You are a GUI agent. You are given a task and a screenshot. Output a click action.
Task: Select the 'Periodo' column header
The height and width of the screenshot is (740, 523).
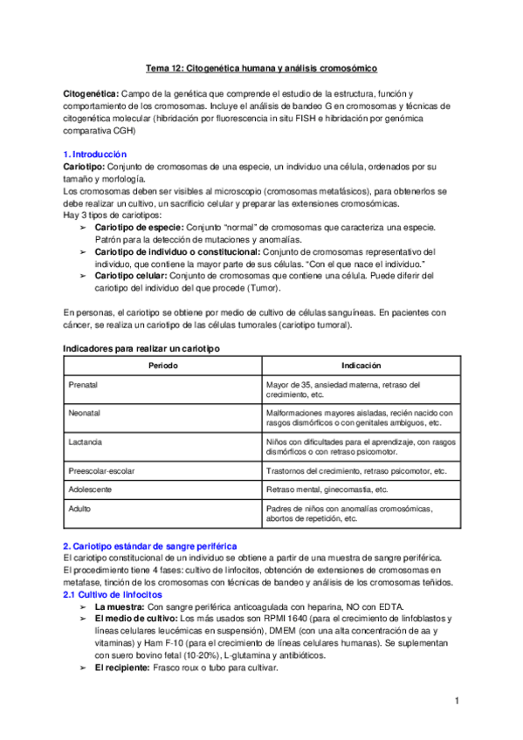click(162, 366)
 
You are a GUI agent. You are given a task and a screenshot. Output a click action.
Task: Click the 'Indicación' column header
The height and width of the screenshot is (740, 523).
click(361, 366)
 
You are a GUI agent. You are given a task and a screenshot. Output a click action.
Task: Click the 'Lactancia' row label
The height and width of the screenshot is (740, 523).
click(85, 442)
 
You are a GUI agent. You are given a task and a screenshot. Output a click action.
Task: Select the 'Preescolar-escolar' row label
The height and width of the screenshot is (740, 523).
click(100, 470)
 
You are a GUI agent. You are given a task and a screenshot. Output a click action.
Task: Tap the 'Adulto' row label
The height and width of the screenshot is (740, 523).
click(79, 508)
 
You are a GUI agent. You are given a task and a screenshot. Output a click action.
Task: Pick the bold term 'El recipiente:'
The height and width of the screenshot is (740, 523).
click(121, 668)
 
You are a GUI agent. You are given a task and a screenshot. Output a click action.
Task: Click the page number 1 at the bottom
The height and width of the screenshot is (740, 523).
click(457, 701)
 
